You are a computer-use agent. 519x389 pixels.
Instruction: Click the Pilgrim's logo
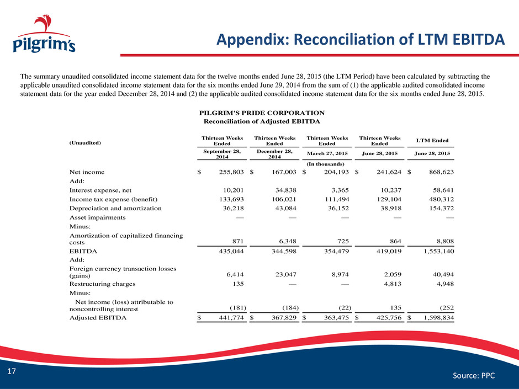[x=44, y=34]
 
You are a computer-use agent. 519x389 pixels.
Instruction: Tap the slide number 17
[x=12, y=371]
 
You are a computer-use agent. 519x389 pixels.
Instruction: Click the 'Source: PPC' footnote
[x=474, y=375]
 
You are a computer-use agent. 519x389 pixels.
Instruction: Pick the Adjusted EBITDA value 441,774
[x=231, y=318]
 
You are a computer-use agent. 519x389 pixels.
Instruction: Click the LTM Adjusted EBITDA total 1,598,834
[x=439, y=318]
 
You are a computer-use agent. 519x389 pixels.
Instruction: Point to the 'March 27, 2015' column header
[x=327, y=153]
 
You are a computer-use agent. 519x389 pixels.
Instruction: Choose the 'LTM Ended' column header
[x=432, y=141]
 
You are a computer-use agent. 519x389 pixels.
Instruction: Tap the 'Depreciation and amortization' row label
[x=115, y=209]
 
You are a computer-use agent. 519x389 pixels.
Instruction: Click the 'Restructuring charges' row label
[x=102, y=284]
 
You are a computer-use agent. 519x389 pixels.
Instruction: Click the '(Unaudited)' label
[x=85, y=143]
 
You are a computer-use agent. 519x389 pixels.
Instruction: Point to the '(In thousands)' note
[x=325, y=164]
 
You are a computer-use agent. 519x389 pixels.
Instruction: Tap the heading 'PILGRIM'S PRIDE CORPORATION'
[x=262, y=113]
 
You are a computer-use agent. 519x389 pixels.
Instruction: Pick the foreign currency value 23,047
[x=285, y=274]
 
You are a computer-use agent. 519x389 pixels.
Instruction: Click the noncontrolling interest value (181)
[x=238, y=308]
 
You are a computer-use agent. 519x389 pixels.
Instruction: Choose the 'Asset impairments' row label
[x=97, y=217]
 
